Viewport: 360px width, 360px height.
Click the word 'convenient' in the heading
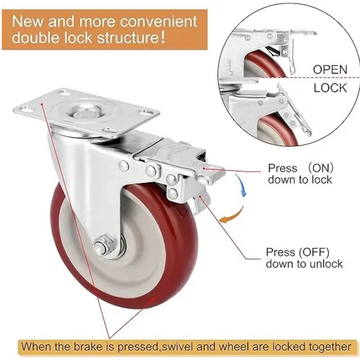186,21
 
